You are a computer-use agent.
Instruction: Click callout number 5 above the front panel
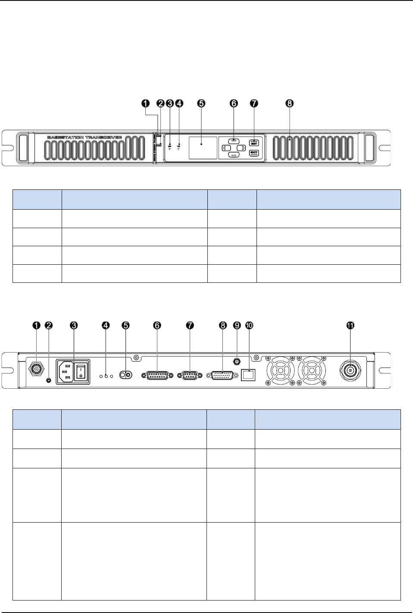click(x=201, y=103)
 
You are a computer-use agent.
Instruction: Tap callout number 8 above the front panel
click(x=290, y=103)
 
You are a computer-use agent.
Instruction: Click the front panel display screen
click(x=203, y=148)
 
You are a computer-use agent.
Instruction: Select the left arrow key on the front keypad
click(x=225, y=148)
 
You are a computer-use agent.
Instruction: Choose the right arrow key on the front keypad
click(x=241, y=148)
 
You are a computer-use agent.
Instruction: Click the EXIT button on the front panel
click(x=254, y=153)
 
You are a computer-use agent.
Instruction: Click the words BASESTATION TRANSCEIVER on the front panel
click(x=84, y=137)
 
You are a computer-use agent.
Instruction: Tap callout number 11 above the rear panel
click(x=350, y=325)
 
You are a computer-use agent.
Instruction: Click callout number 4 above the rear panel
click(x=106, y=325)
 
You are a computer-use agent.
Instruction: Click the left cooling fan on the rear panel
click(x=280, y=371)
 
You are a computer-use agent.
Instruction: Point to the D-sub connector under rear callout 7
click(x=189, y=375)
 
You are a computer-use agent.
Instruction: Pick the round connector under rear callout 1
click(x=36, y=369)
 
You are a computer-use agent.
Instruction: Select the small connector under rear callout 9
click(x=236, y=361)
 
